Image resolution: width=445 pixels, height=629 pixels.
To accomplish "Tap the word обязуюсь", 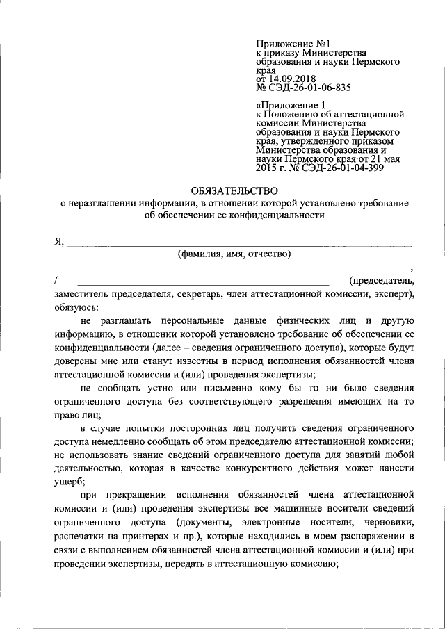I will point(76,307).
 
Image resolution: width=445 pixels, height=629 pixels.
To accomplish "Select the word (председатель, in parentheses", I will point(382,280).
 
